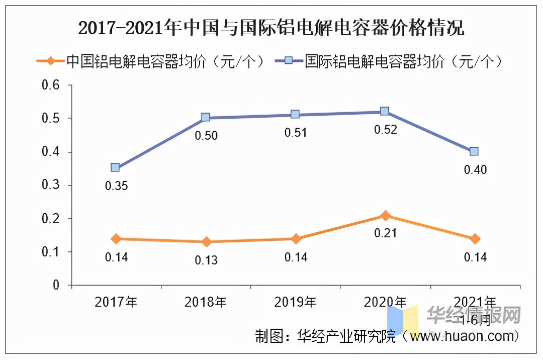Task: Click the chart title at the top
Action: coord(271,28)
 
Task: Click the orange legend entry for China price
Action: coord(151,61)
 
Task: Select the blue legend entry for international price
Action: coord(390,61)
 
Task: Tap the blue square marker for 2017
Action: coord(116,167)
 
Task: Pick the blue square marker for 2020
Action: coord(385,111)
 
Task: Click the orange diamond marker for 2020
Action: coord(385,216)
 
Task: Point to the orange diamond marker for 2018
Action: coord(205,242)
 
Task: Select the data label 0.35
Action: coord(116,186)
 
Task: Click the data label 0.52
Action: coord(386,130)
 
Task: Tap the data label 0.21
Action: coord(386,233)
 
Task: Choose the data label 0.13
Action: coord(206,260)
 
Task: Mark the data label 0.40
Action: coord(475,170)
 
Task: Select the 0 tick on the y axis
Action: coord(56,285)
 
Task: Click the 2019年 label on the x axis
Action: coord(296,302)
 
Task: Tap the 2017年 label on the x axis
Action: coord(116,302)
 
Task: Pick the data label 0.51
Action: coord(296,133)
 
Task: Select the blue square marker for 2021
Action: coord(474,151)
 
